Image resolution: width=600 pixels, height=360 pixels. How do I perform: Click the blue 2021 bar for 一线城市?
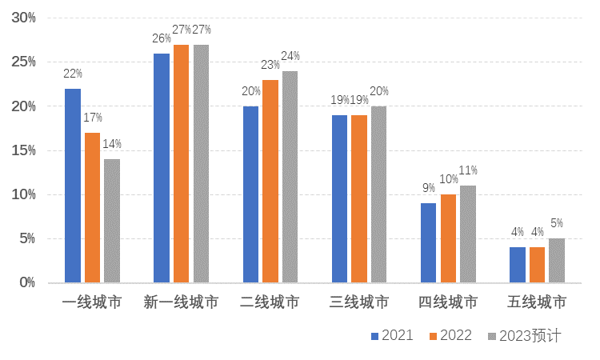[x=73, y=186]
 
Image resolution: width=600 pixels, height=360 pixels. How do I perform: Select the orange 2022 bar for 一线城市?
[x=92, y=208]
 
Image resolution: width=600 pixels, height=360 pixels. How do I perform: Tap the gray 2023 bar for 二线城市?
[x=290, y=177]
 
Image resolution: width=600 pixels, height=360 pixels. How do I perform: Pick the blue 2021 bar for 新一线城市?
[x=162, y=168]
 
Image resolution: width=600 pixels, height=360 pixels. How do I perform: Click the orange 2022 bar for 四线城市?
[x=448, y=238]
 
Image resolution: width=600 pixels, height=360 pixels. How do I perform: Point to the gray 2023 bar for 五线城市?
[x=557, y=261]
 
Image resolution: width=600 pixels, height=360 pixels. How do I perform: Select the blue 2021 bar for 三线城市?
[x=340, y=199]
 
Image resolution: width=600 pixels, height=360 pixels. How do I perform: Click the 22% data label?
[x=73, y=74]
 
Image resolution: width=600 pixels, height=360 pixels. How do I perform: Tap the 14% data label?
[x=112, y=144]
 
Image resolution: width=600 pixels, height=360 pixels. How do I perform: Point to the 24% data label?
[x=290, y=56]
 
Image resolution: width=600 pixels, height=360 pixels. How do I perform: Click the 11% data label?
[x=468, y=170]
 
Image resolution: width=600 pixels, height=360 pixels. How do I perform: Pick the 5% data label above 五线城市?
[x=557, y=223]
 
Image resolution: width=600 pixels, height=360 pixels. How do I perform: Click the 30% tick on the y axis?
[x=23, y=18]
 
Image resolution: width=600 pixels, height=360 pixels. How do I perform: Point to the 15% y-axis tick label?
[x=23, y=150]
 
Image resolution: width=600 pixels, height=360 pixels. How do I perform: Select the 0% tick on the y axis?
[x=27, y=282]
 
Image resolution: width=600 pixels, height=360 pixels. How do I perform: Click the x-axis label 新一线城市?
[x=181, y=302]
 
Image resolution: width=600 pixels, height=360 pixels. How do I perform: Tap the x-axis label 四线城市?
[x=448, y=302]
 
